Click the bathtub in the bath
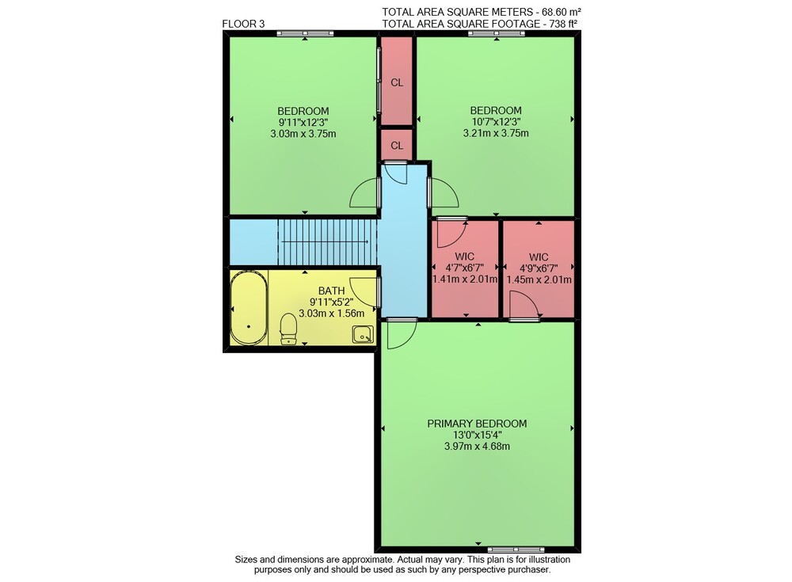(249, 308)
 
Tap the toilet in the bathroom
(288, 329)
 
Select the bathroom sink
(363, 334)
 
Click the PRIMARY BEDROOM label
(477, 424)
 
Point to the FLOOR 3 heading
(243, 24)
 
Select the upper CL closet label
(397, 82)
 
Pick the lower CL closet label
(397, 146)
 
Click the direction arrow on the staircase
(324, 242)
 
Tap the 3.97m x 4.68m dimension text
(477, 446)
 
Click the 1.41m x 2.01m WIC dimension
(465, 279)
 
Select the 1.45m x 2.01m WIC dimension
(539, 280)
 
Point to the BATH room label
(331, 291)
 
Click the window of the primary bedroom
(516, 550)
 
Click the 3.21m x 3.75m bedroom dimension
(496, 133)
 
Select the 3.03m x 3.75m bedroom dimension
(303, 134)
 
